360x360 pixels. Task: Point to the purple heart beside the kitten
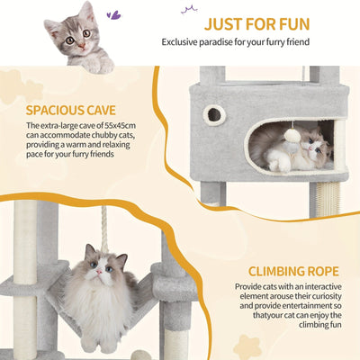point(112,14)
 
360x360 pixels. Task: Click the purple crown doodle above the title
point(190,9)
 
